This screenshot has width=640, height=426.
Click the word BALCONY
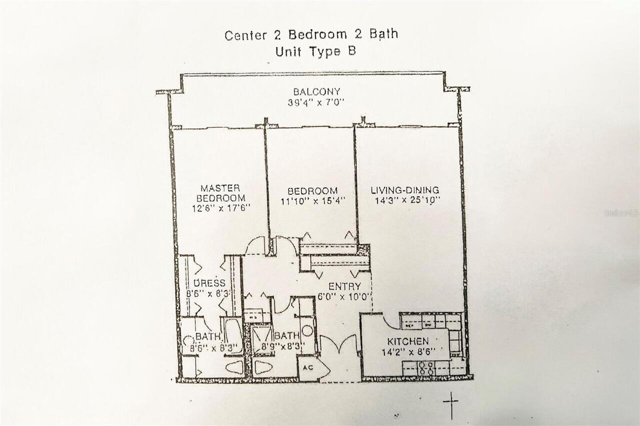(316, 92)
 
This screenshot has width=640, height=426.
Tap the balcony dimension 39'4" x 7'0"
(316, 103)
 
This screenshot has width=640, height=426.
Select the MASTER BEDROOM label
(220, 193)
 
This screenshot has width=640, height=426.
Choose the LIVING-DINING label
(405, 190)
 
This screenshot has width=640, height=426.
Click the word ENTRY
(344, 287)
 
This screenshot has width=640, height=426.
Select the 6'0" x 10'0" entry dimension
(347, 296)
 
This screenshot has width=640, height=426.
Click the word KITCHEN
(408, 342)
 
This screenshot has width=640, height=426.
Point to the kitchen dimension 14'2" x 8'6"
(408, 352)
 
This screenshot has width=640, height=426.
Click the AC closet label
(308, 368)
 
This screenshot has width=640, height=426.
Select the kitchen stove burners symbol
(426, 369)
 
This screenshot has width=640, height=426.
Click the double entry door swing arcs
(339, 344)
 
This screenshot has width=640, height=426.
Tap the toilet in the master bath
(235, 367)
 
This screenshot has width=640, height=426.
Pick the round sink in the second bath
(307, 331)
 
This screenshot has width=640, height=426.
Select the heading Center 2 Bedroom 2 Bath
(311, 35)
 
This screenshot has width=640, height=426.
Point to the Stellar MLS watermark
(621, 213)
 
